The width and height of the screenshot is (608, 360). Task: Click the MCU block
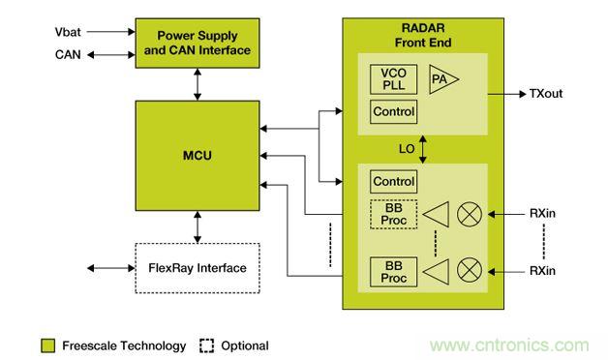198,156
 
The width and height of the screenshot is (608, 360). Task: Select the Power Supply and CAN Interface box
198,43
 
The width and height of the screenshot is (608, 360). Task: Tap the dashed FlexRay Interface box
198,268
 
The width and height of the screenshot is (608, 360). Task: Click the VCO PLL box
394,79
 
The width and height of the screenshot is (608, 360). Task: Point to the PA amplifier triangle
443,79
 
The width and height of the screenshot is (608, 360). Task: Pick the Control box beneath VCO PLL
394,111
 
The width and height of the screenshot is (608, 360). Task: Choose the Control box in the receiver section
394,181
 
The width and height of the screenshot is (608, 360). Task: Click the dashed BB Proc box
394,214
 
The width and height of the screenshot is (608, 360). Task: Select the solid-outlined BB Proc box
394,272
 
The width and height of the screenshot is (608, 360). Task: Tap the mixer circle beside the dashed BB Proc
470,214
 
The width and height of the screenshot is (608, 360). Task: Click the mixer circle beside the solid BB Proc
470,270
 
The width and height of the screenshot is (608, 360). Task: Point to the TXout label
546,94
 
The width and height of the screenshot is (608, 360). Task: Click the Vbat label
68,32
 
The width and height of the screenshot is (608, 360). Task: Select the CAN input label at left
68,54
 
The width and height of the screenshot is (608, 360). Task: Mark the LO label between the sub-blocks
407,149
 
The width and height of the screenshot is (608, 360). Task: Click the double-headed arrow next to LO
423,149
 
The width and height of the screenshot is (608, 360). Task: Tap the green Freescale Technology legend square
48,345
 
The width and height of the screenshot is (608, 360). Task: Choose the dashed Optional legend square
206,345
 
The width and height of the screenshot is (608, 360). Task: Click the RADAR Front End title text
423,35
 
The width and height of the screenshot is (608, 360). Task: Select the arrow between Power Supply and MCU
198,84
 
